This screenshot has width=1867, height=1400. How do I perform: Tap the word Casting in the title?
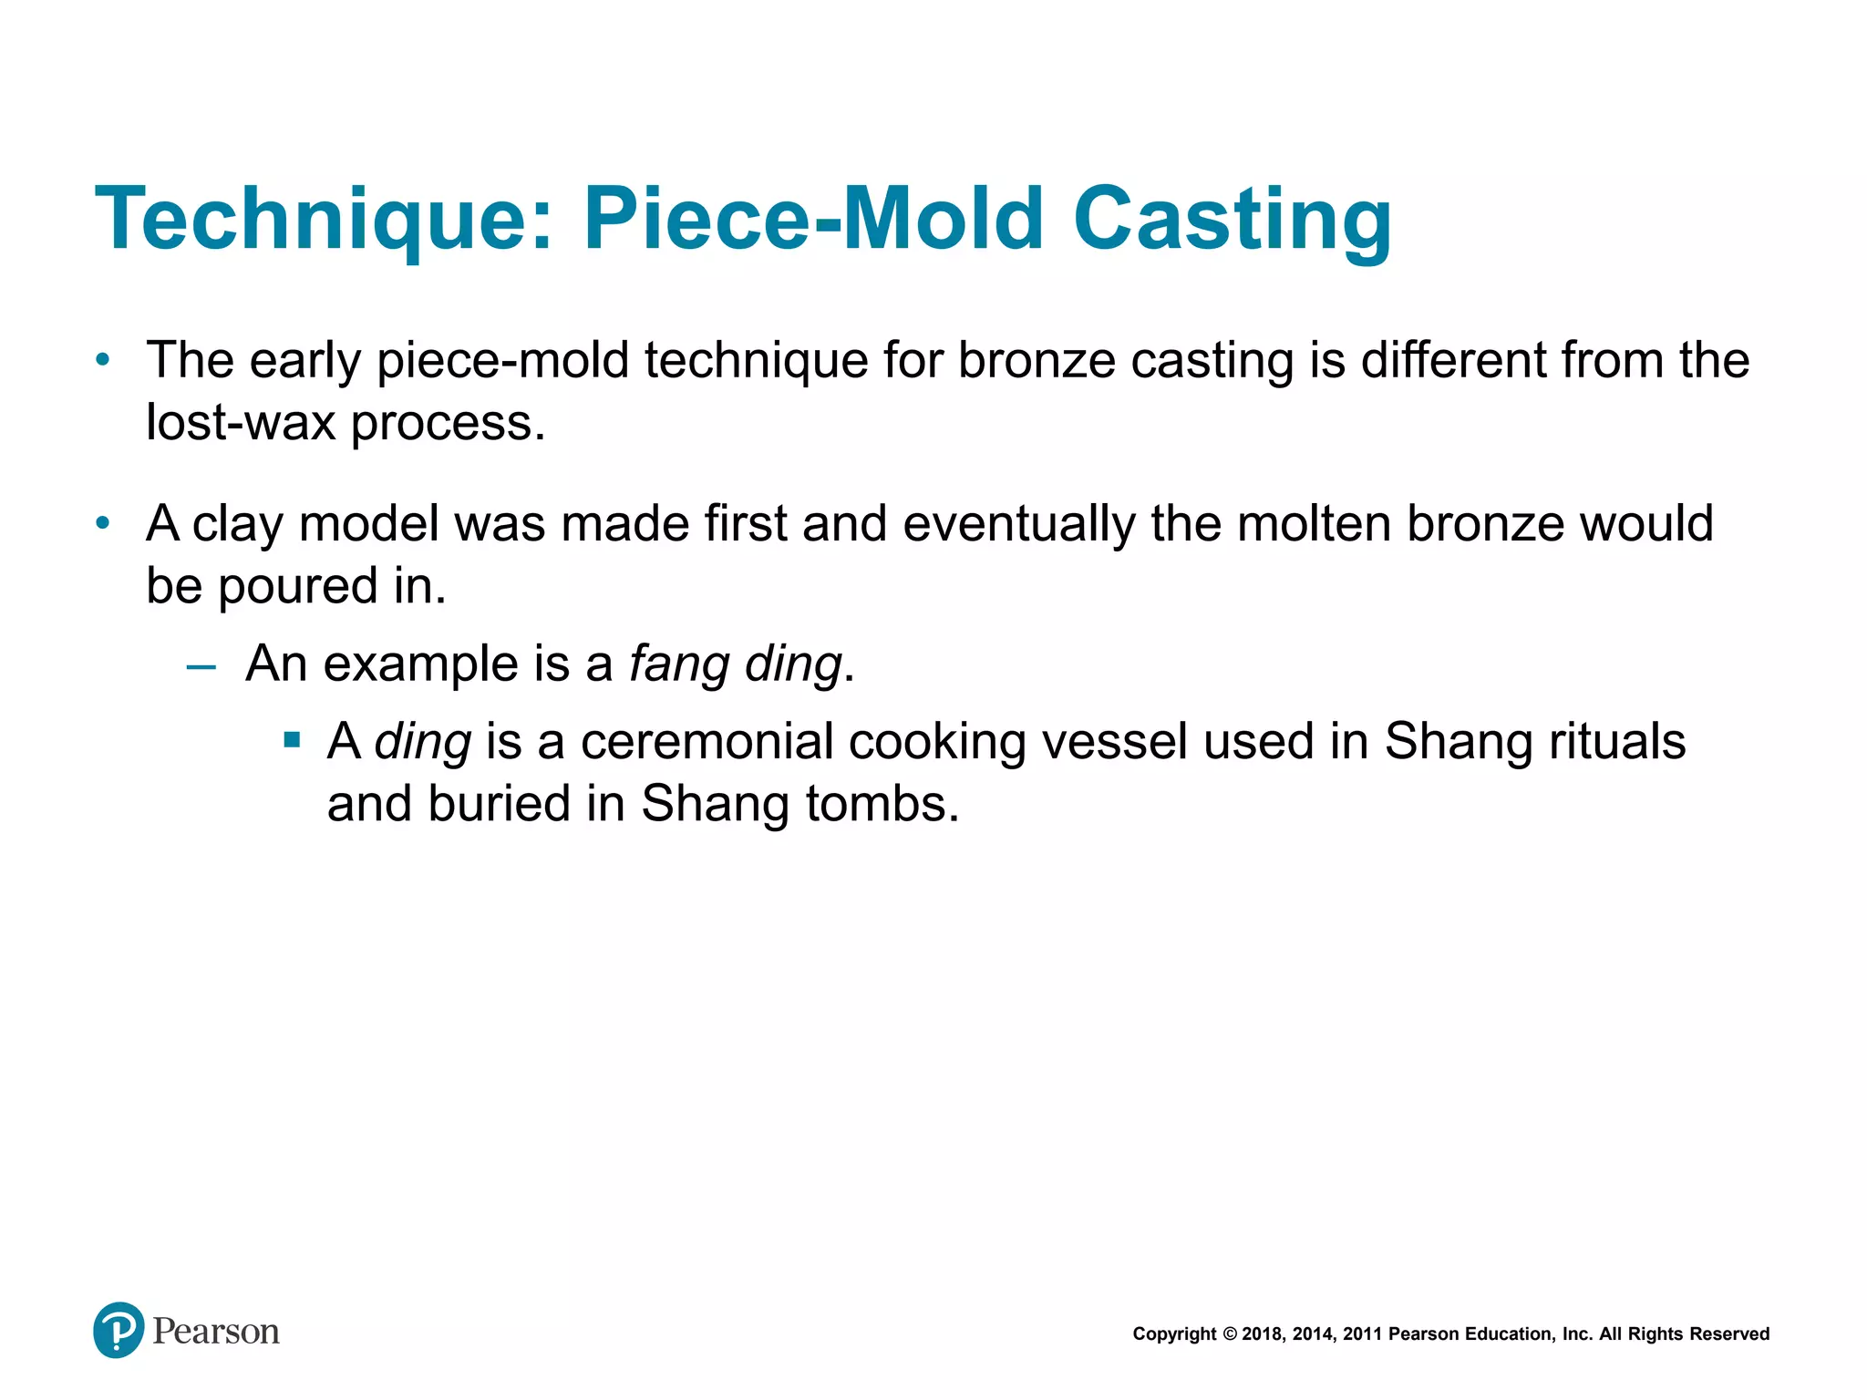[1233, 221]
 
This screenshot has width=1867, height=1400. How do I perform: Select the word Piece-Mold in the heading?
[813, 219]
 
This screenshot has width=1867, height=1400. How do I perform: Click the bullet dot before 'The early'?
[103, 361]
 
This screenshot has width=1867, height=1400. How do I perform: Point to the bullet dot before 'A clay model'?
[103, 524]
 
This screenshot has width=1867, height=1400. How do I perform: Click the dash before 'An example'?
[201, 666]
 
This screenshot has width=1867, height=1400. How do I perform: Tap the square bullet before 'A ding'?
[292, 739]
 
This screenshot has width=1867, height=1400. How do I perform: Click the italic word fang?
[678, 664]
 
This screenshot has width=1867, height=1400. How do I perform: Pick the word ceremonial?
[707, 741]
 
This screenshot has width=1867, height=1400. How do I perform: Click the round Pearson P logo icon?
[119, 1330]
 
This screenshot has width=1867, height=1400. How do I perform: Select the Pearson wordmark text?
[216, 1332]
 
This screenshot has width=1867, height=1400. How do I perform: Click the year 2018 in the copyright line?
[1263, 1334]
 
